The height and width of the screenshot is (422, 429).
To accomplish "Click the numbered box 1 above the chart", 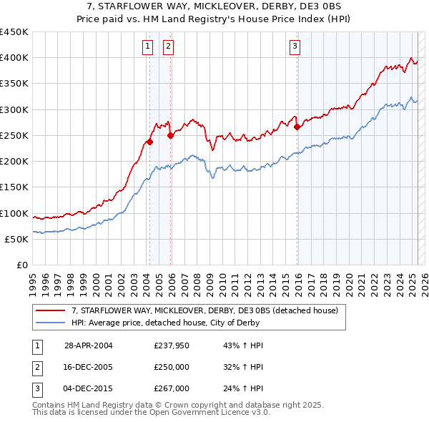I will point(147,47).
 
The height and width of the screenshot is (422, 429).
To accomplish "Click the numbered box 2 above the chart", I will point(168,47).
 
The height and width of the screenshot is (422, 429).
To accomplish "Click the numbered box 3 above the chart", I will point(295,47).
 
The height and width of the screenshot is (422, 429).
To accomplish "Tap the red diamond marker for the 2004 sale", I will point(149,142).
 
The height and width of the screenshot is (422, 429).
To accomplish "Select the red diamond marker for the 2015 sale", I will point(297,127).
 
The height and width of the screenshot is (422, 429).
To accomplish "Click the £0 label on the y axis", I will point(21,265).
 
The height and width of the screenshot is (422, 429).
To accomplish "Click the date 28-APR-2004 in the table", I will point(88,345).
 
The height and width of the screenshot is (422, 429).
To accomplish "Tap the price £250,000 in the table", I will point(172,367).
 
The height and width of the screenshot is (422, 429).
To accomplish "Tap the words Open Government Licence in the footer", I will point(197,413).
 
